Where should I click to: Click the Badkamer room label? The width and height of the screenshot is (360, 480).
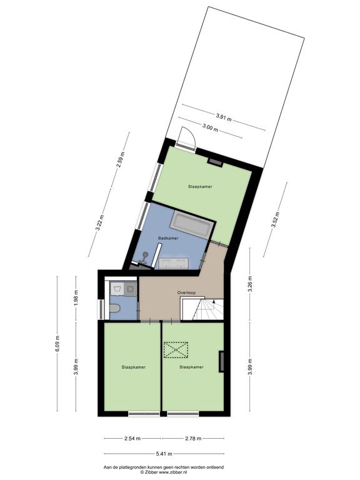pyautogui.click(x=168, y=238)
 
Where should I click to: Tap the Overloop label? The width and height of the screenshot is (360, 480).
pyautogui.click(x=186, y=292)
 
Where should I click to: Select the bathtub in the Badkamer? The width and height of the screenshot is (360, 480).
pyautogui.click(x=192, y=225)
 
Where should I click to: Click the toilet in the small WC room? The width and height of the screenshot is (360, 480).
pyautogui.click(x=114, y=308)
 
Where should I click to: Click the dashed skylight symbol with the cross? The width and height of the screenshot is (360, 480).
pyautogui.click(x=176, y=349)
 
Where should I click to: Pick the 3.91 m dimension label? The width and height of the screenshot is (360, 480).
pyautogui.click(x=224, y=117)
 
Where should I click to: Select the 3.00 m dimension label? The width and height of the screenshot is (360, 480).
pyautogui.click(x=210, y=128)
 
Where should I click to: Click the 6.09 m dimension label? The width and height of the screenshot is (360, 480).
pyautogui.click(x=57, y=344)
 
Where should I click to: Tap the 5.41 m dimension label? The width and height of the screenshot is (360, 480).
pyautogui.click(x=164, y=454)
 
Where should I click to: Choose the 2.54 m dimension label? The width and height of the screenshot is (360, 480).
pyautogui.click(x=132, y=438)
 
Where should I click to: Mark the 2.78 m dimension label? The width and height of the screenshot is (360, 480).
pyautogui.click(x=193, y=438)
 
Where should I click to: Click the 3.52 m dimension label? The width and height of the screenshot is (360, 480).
pyautogui.click(x=275, y=219)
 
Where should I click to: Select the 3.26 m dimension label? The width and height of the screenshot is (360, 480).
pyautogui.click(x=250, y=284)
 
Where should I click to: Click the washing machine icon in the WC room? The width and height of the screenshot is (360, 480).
pyautogui.click(x=131, y=289)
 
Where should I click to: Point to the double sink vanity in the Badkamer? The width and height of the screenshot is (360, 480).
pyautogui.click(x=173, y=263)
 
